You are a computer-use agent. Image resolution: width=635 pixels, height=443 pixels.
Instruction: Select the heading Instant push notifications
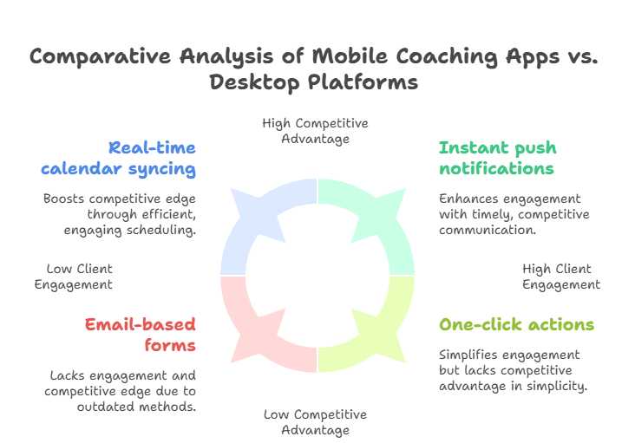(x=497, y=157)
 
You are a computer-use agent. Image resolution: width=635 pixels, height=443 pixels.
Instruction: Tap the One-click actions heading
(x=516, y=324)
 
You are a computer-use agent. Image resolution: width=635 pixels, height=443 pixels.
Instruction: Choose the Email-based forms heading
(x=140, y=334)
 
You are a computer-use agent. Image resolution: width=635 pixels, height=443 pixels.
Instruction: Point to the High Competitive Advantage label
(x=315, y=132)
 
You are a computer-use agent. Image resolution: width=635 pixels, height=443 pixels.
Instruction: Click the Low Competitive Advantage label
(x=315, y=422)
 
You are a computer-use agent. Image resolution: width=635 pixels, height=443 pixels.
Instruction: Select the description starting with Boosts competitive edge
(x=119, y=214)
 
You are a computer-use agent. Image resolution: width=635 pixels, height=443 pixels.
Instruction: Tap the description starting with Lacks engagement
(x=121, y=391)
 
